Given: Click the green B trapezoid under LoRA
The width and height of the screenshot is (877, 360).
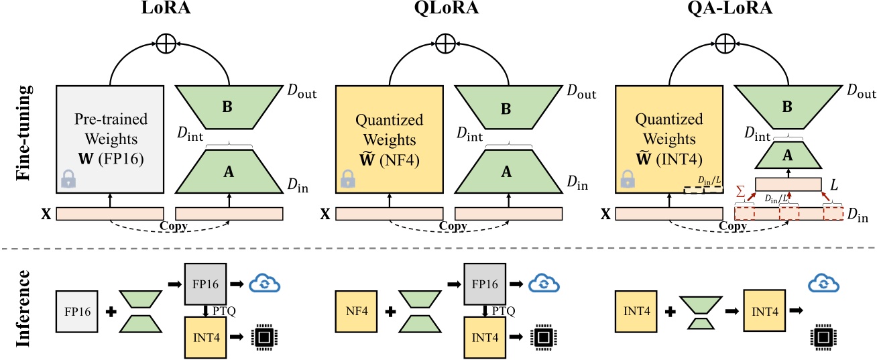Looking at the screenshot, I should (229, 107).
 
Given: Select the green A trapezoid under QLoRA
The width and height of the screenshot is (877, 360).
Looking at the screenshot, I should (508, 171).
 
